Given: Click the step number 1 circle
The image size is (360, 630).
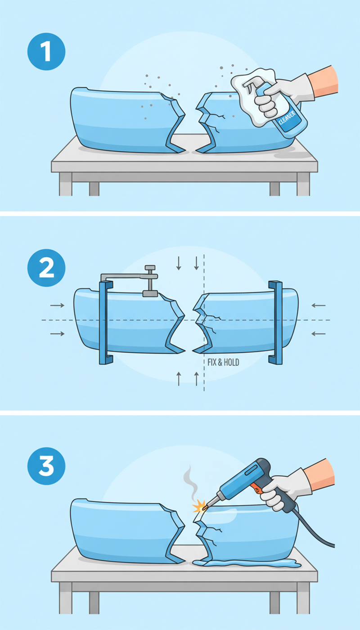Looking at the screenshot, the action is (46, 51).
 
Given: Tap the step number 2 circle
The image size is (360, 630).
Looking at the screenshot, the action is (46, 267).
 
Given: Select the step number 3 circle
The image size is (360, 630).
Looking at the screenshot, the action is (46, 466).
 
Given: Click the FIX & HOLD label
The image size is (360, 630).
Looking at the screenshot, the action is (223, 362).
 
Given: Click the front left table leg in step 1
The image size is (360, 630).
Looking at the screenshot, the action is (66, 184).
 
